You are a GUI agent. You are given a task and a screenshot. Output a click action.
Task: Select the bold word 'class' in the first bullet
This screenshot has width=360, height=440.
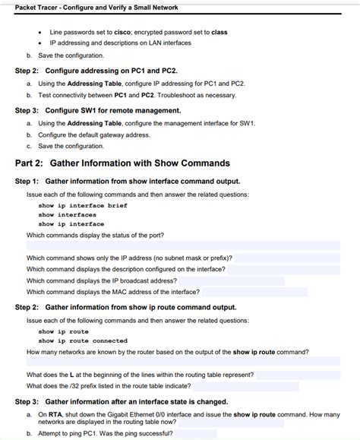tap(219, 33)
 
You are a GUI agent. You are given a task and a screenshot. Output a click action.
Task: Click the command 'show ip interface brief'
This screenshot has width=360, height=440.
tap(83, 205)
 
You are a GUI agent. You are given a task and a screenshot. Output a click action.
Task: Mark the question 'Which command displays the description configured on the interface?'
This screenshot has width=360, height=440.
tap(125, 269)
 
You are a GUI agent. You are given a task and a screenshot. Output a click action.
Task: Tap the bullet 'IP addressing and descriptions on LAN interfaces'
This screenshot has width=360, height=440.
tap(120, 43)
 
